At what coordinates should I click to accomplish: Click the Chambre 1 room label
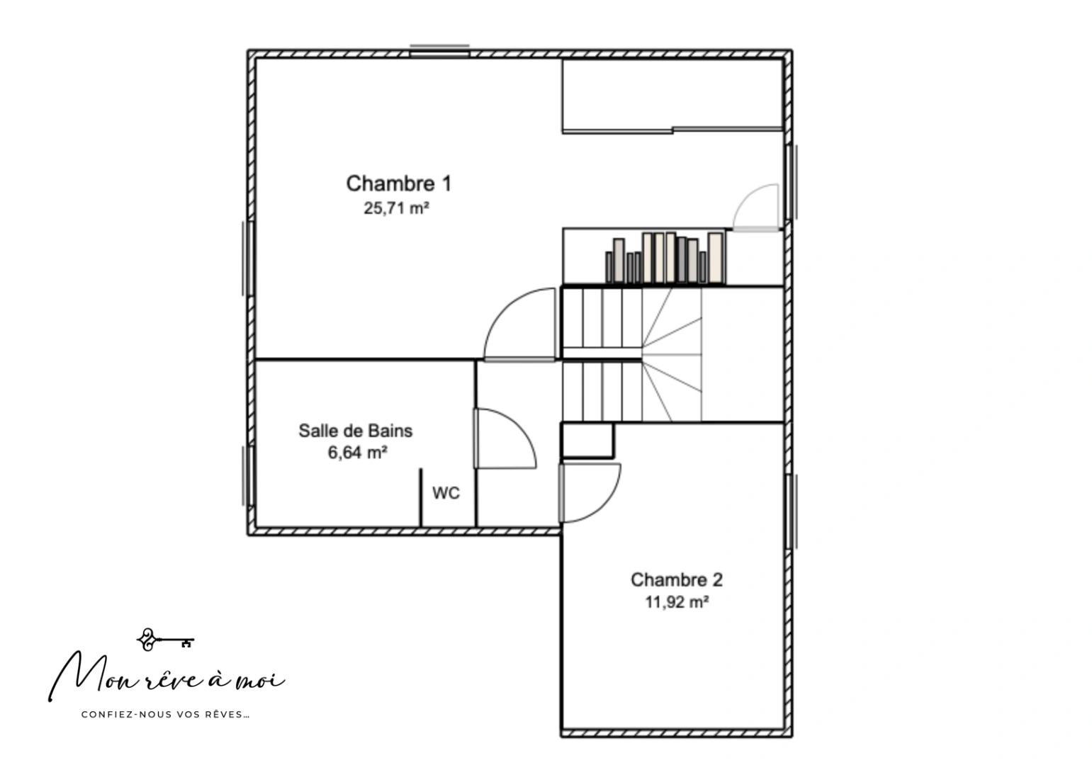[x=398, y=183]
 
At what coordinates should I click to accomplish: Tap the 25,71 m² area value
[x=397, y=208]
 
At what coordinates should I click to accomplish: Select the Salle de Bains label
[x=355, y=431]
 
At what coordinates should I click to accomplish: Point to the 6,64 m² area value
[x=356, y=453]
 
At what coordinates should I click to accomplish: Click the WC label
[x=446, y=493]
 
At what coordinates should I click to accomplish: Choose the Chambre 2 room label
[x=676, y=580]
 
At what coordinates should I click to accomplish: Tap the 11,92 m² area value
[x=677, y=602]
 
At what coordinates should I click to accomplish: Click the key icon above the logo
[x=165, y=640]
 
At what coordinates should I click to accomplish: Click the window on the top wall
[x=439, y=50]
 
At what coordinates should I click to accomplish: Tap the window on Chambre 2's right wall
[x=791, y=511]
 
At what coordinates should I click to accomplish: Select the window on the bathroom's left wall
[x=248, y=475]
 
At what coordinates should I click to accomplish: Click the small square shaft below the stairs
[x=587, y=441]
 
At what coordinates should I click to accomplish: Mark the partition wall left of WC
[x=420, y=498]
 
